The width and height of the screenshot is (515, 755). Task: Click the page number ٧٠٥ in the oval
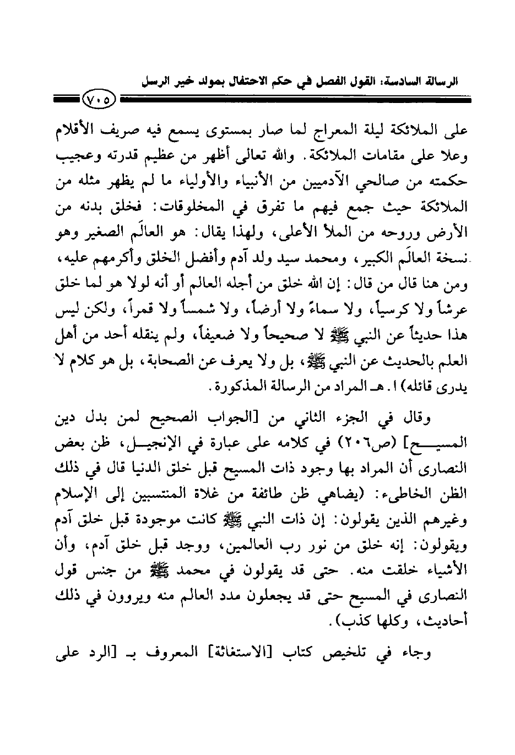(98, 101)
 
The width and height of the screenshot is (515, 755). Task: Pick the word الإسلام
(72, 494)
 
